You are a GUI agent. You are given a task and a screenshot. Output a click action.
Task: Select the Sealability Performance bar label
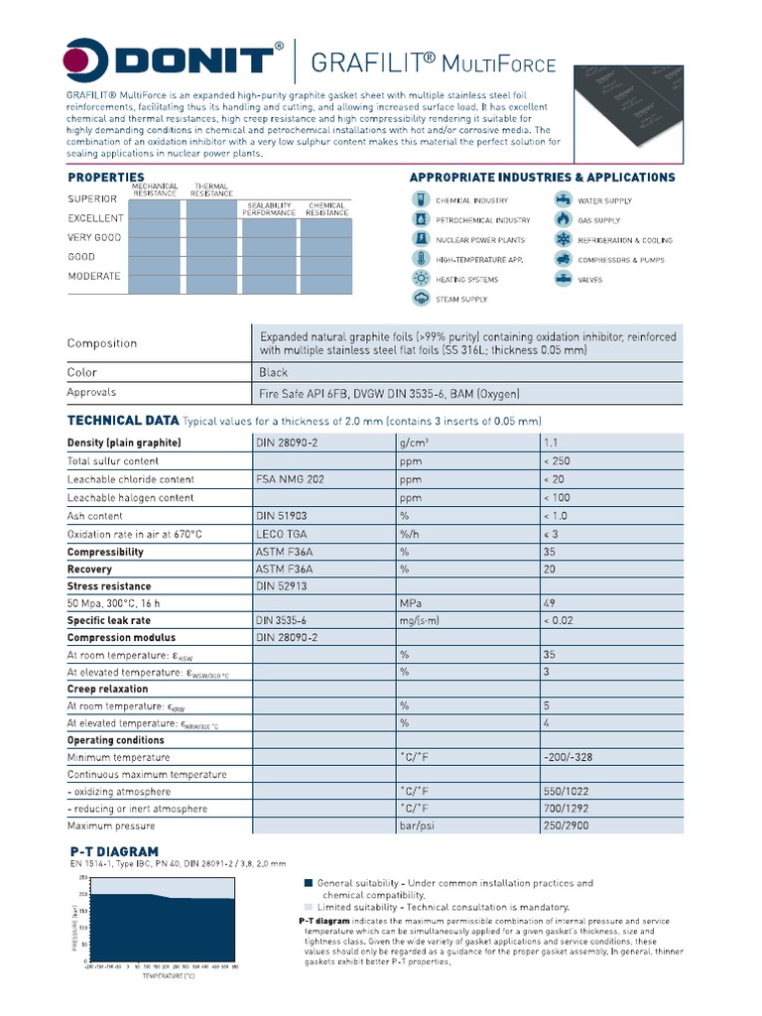point(269,208)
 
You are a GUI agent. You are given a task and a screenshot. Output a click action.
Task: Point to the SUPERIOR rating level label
point(92,198)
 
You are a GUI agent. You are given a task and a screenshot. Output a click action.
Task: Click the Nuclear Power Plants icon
point(420,239)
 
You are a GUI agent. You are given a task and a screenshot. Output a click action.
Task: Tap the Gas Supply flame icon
point(563,219)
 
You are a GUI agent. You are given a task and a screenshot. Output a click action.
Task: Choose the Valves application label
point(591,280)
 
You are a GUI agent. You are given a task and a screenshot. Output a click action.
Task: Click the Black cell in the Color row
point(274,372)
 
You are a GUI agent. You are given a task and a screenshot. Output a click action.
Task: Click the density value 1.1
point(552,443)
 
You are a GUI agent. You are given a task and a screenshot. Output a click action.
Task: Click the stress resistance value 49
point(550,602)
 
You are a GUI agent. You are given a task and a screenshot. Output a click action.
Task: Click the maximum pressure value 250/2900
point(568,825)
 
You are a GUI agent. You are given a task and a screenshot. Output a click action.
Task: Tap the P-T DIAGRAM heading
point(114,851)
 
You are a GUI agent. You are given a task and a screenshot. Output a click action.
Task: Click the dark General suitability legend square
point(308,882)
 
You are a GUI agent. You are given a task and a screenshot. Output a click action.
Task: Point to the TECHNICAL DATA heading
point(123,420)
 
